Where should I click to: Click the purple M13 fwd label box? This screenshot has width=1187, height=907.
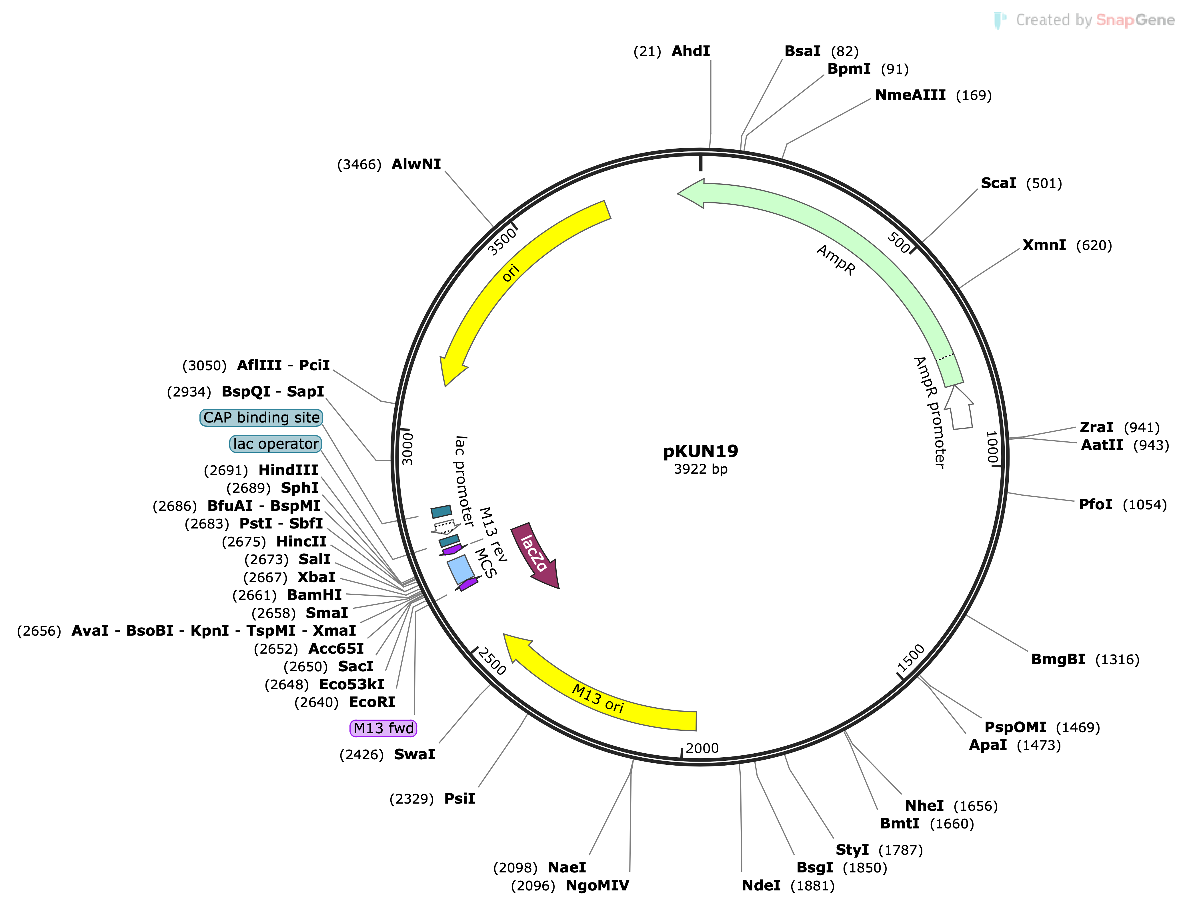point(383,728)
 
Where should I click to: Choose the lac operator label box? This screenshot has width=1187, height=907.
point(275,444)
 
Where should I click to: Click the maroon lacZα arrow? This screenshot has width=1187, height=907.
point(535,553)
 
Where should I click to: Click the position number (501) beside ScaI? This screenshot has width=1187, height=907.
point(1044,184)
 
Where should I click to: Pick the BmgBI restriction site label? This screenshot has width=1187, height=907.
point(1057,659)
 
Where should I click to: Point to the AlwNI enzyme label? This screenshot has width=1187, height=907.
point(416,164)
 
